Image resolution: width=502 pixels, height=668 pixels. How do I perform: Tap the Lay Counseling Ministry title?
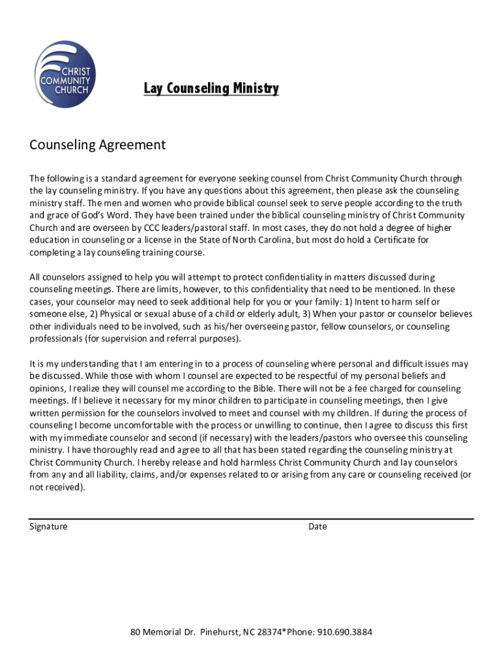211,89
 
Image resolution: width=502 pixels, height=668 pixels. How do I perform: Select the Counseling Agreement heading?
98,145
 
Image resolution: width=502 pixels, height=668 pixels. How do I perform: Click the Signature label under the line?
48,526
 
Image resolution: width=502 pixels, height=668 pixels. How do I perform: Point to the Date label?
317,526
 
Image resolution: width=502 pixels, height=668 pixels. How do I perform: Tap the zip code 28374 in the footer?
273,632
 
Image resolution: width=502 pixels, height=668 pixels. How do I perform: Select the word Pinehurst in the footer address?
219,632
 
